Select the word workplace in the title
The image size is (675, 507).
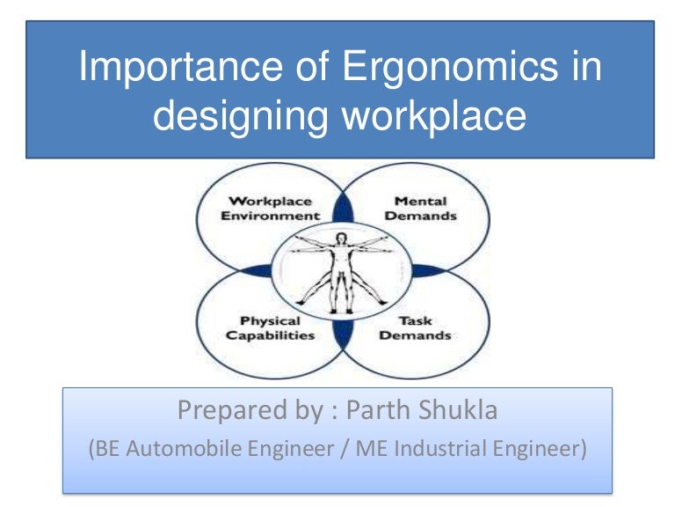[x=434, y=116]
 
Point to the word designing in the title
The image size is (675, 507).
[x=241, y=116]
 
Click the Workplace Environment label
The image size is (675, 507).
[x=271, y=209]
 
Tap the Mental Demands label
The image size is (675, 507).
[x=421, y=209]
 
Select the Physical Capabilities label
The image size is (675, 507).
[x=270, y=328]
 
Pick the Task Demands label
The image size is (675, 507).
[x=415, y=328]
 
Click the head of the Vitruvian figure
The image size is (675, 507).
[x=341, y=239]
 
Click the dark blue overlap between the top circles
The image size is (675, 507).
[x=343, y=209]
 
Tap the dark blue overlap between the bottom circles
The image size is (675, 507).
[x=343, y=335]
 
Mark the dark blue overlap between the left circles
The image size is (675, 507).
[x=256, y=271]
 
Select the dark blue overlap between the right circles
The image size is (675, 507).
[x=429, y=271]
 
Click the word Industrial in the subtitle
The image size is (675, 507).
[x=440, y=448]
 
